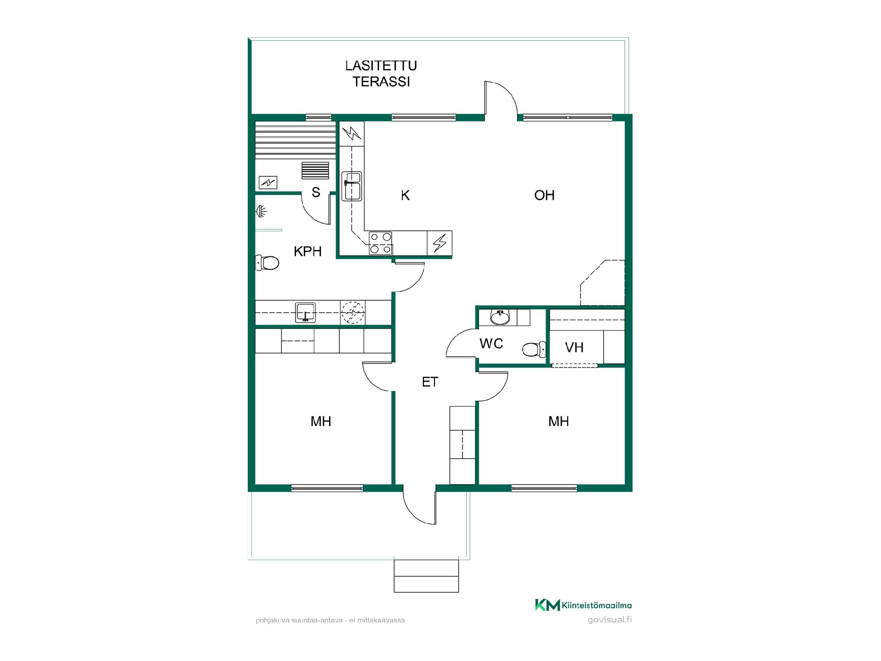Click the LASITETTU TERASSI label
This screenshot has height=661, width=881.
[381, 73]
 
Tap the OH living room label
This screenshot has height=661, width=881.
[544, 196]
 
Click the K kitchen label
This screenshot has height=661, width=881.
[405, 196]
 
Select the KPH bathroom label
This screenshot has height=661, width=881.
[307, 252]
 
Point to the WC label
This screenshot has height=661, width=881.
[491, 343]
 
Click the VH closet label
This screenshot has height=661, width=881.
[574, 347]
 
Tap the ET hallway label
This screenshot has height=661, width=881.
[430, 382]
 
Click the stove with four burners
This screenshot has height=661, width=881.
[381, 243]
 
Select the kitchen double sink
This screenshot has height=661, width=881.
[352, 186]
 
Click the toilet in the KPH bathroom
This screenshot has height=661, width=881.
[267, 263]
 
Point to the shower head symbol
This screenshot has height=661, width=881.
[262, 212]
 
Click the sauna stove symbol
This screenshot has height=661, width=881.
[316, 171]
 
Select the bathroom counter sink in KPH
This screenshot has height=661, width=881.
[305, 312]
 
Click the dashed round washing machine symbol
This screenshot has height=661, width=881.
[352, 312]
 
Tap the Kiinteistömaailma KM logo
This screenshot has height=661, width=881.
[583, 605]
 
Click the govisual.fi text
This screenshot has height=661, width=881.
[610, 620]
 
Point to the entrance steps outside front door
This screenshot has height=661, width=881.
[426, 576]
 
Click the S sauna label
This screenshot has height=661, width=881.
[316, 192]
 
